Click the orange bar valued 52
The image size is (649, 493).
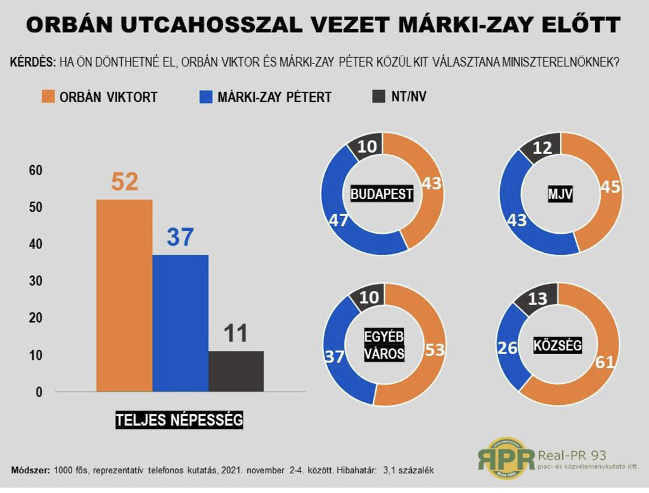tap(124, 295)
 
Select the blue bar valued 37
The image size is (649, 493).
tap(180, 323)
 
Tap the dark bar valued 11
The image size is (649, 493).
tap(236, 371)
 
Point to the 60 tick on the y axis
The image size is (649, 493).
tap(35, 170)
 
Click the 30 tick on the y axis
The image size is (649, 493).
tap(35, 281)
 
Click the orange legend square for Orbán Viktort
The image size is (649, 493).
tap(48, 97)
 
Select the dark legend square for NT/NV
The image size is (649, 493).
tap(379, 97)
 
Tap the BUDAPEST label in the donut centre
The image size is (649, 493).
tap(382, 194)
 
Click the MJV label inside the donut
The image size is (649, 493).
tap(560, 195)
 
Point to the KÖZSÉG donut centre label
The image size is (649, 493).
tap(557, 345)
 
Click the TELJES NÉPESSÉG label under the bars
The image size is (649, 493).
tap(179, 419)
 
